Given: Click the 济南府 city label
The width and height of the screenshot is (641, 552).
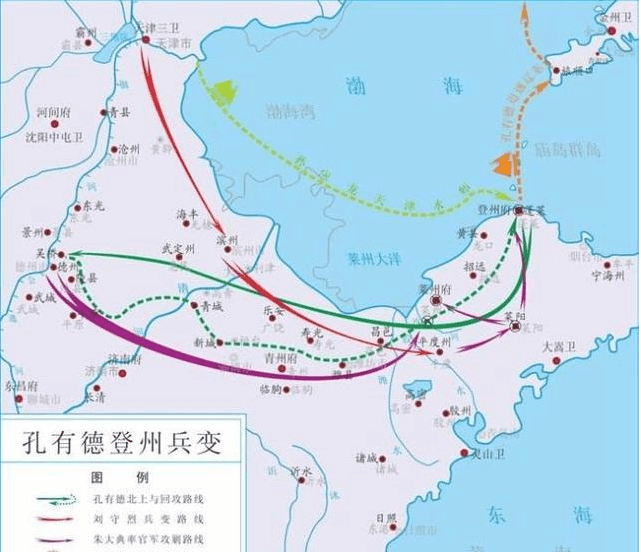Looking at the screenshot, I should click(x=124, y=357).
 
